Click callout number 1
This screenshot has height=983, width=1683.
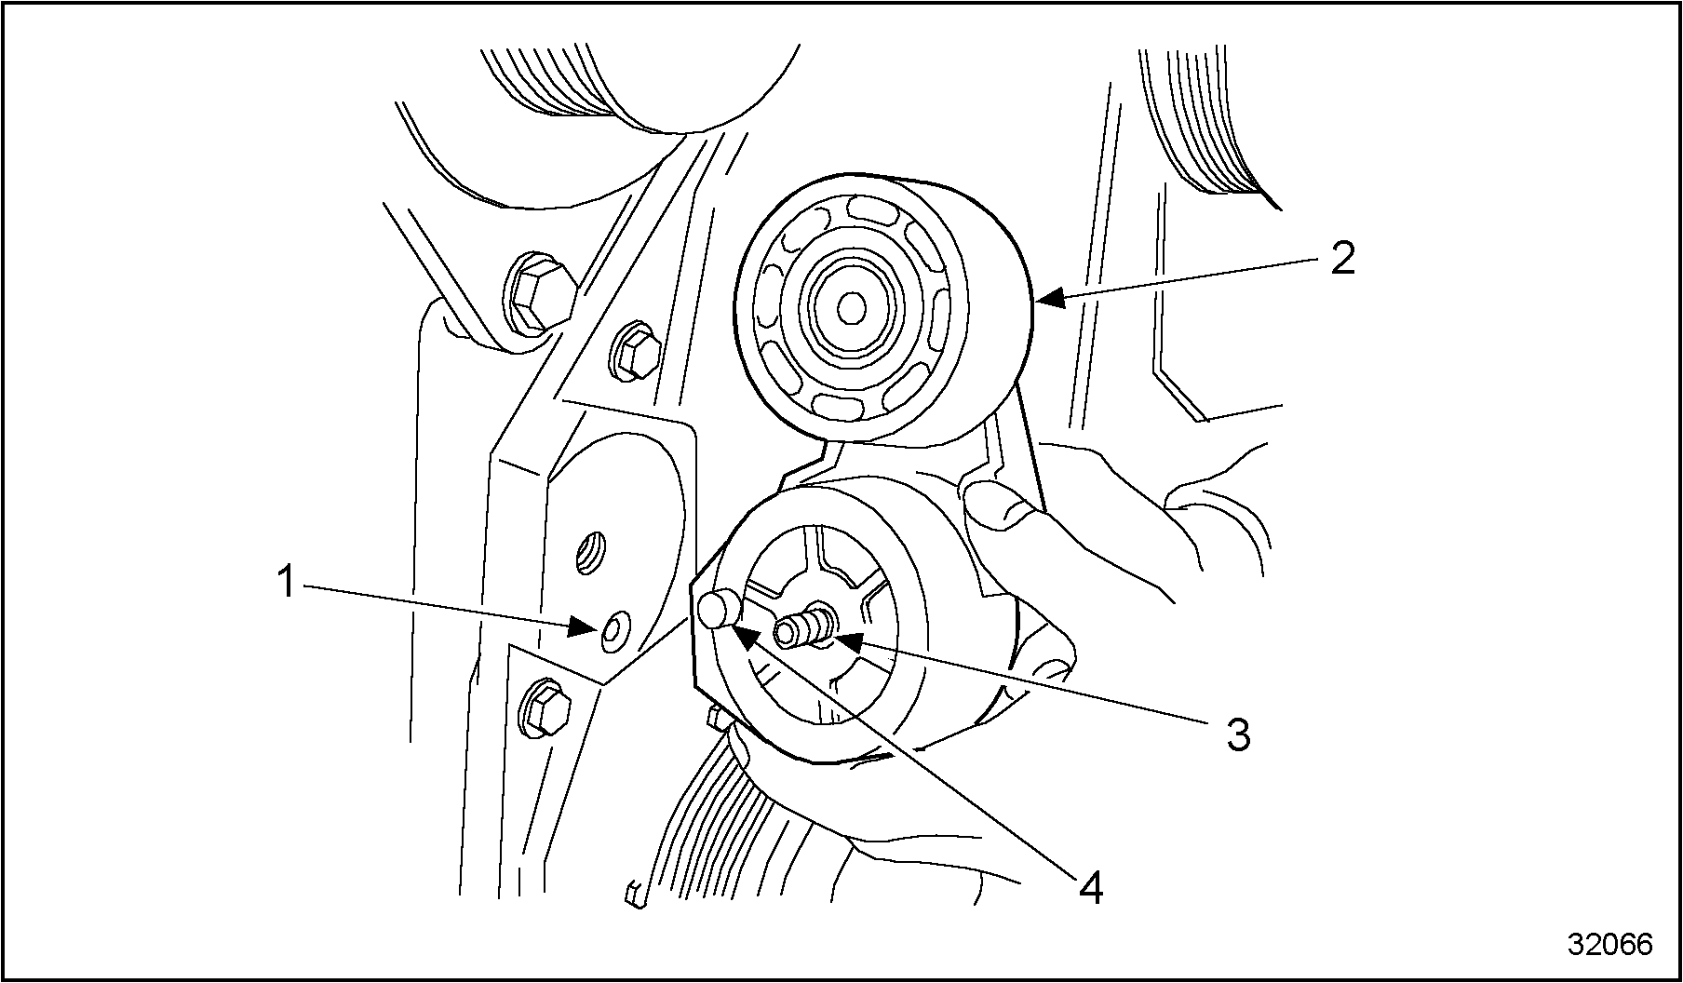pos(289,583)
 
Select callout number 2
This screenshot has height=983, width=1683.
pos(1341,258)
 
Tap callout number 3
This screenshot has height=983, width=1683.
pos(1237,734)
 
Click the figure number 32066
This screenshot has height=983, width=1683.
pos(1609,944)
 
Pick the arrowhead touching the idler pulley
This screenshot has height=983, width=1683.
pos(1049,298)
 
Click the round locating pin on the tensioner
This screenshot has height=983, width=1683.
pos(718,612)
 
